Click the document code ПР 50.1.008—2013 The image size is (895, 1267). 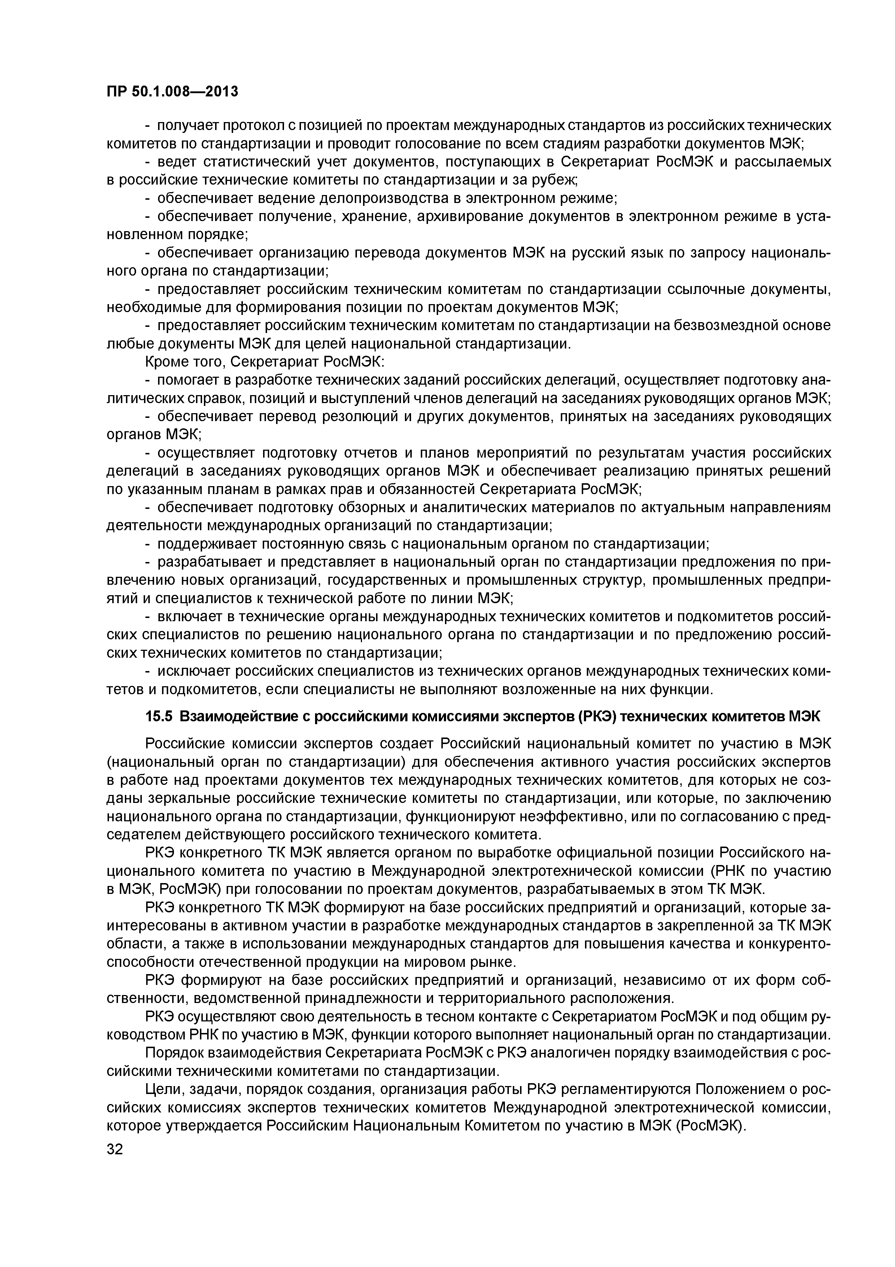172,91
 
